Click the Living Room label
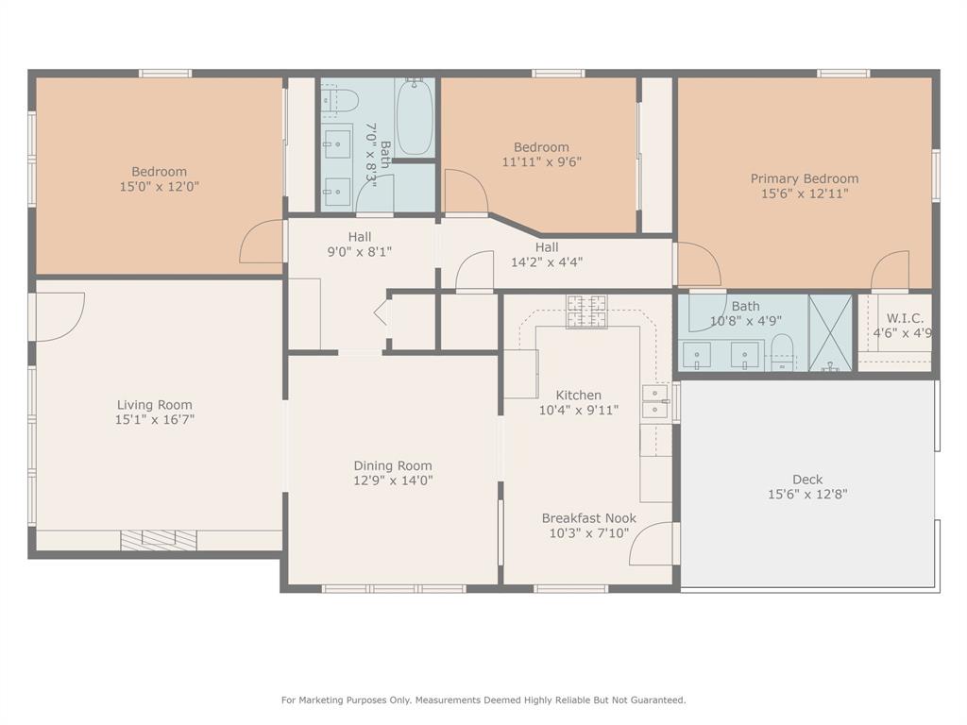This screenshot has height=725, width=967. click(x=155, y=405)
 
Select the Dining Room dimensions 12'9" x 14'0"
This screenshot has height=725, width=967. click(x=393, y=481)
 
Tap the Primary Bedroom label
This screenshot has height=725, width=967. click(x=805, y=178)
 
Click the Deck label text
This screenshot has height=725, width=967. click(x=807, y=479)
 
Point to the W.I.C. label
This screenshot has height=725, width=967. click(x=904, y=319)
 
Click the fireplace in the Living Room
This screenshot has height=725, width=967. click(x=159, y=539)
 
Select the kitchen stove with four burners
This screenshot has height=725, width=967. click(x=586, y=312)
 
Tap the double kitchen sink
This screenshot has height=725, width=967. click(x=654, y=401)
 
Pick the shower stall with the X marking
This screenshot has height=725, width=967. click(x=830, y=333)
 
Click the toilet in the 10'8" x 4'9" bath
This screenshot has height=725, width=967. click(x=782, y=347)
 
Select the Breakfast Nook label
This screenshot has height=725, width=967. click(x=588, y=518)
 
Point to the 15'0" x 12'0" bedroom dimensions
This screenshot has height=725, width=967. click(x=159, y=187)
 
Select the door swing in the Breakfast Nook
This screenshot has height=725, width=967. click(x=654, y=544)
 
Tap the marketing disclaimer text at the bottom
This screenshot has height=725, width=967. click(x=483, y=700)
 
